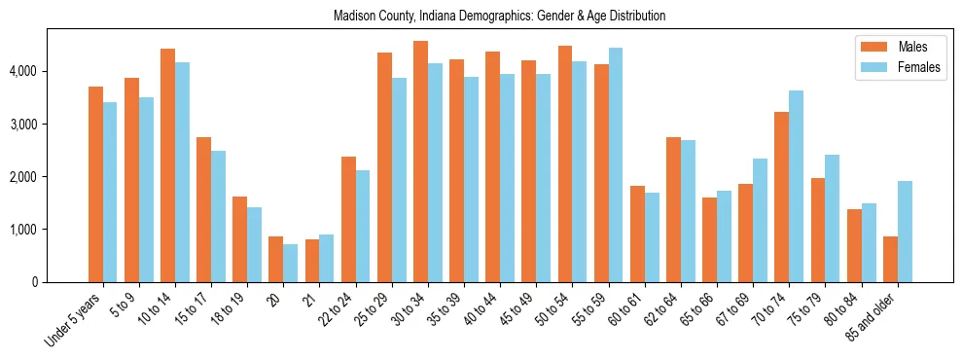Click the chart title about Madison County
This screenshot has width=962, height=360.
499,17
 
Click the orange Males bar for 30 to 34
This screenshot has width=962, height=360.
420,162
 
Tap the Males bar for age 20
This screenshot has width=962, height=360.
276,259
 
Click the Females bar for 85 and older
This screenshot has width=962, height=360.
905,232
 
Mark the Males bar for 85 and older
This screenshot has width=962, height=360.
890,259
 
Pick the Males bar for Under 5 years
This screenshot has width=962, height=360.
96,185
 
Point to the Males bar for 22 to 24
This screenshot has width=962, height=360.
348,219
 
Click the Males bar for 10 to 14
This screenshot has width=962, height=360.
168,165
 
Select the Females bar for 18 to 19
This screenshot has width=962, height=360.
255,244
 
